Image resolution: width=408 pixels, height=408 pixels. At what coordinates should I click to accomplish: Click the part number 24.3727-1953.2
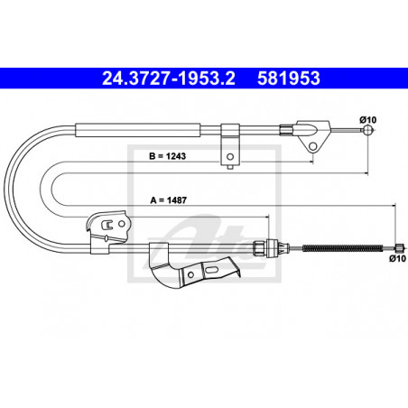coord(169,79)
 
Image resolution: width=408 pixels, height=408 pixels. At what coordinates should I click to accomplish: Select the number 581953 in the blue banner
coord(289,79)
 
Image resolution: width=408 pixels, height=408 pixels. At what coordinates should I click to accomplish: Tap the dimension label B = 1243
coord(168,156)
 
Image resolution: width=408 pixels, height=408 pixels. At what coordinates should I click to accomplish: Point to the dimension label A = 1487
coord(168,200)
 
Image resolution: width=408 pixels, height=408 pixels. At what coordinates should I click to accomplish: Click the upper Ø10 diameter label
coord(367,120)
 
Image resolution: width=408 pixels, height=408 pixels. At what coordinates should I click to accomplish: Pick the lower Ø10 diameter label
coord(397,258)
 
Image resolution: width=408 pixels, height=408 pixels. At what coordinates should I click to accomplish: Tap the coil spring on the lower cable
coord(342,248)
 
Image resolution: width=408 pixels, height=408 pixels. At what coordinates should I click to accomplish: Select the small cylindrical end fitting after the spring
coord(399,247)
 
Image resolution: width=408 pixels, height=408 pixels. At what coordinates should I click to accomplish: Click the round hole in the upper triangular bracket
coord(313,146)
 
